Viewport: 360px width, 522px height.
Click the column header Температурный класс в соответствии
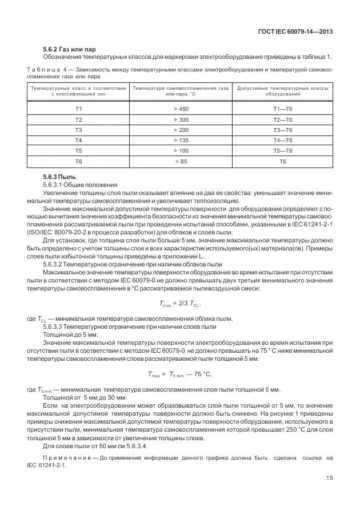click(78, 89)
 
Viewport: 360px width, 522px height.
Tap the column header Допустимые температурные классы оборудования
click(282, 91)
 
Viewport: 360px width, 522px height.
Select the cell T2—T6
click(282, 119)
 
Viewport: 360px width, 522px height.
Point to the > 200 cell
click(181, 130)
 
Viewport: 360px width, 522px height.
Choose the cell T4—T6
click(282, 141)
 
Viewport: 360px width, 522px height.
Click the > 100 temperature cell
click(181, 151)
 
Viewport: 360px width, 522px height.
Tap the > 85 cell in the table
click(181, 162)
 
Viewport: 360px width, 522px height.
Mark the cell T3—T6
click(282, 130)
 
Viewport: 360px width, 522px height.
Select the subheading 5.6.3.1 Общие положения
click(79, 185)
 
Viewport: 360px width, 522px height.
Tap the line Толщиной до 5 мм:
click(70, 334)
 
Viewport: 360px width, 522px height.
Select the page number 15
click(330, 478)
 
